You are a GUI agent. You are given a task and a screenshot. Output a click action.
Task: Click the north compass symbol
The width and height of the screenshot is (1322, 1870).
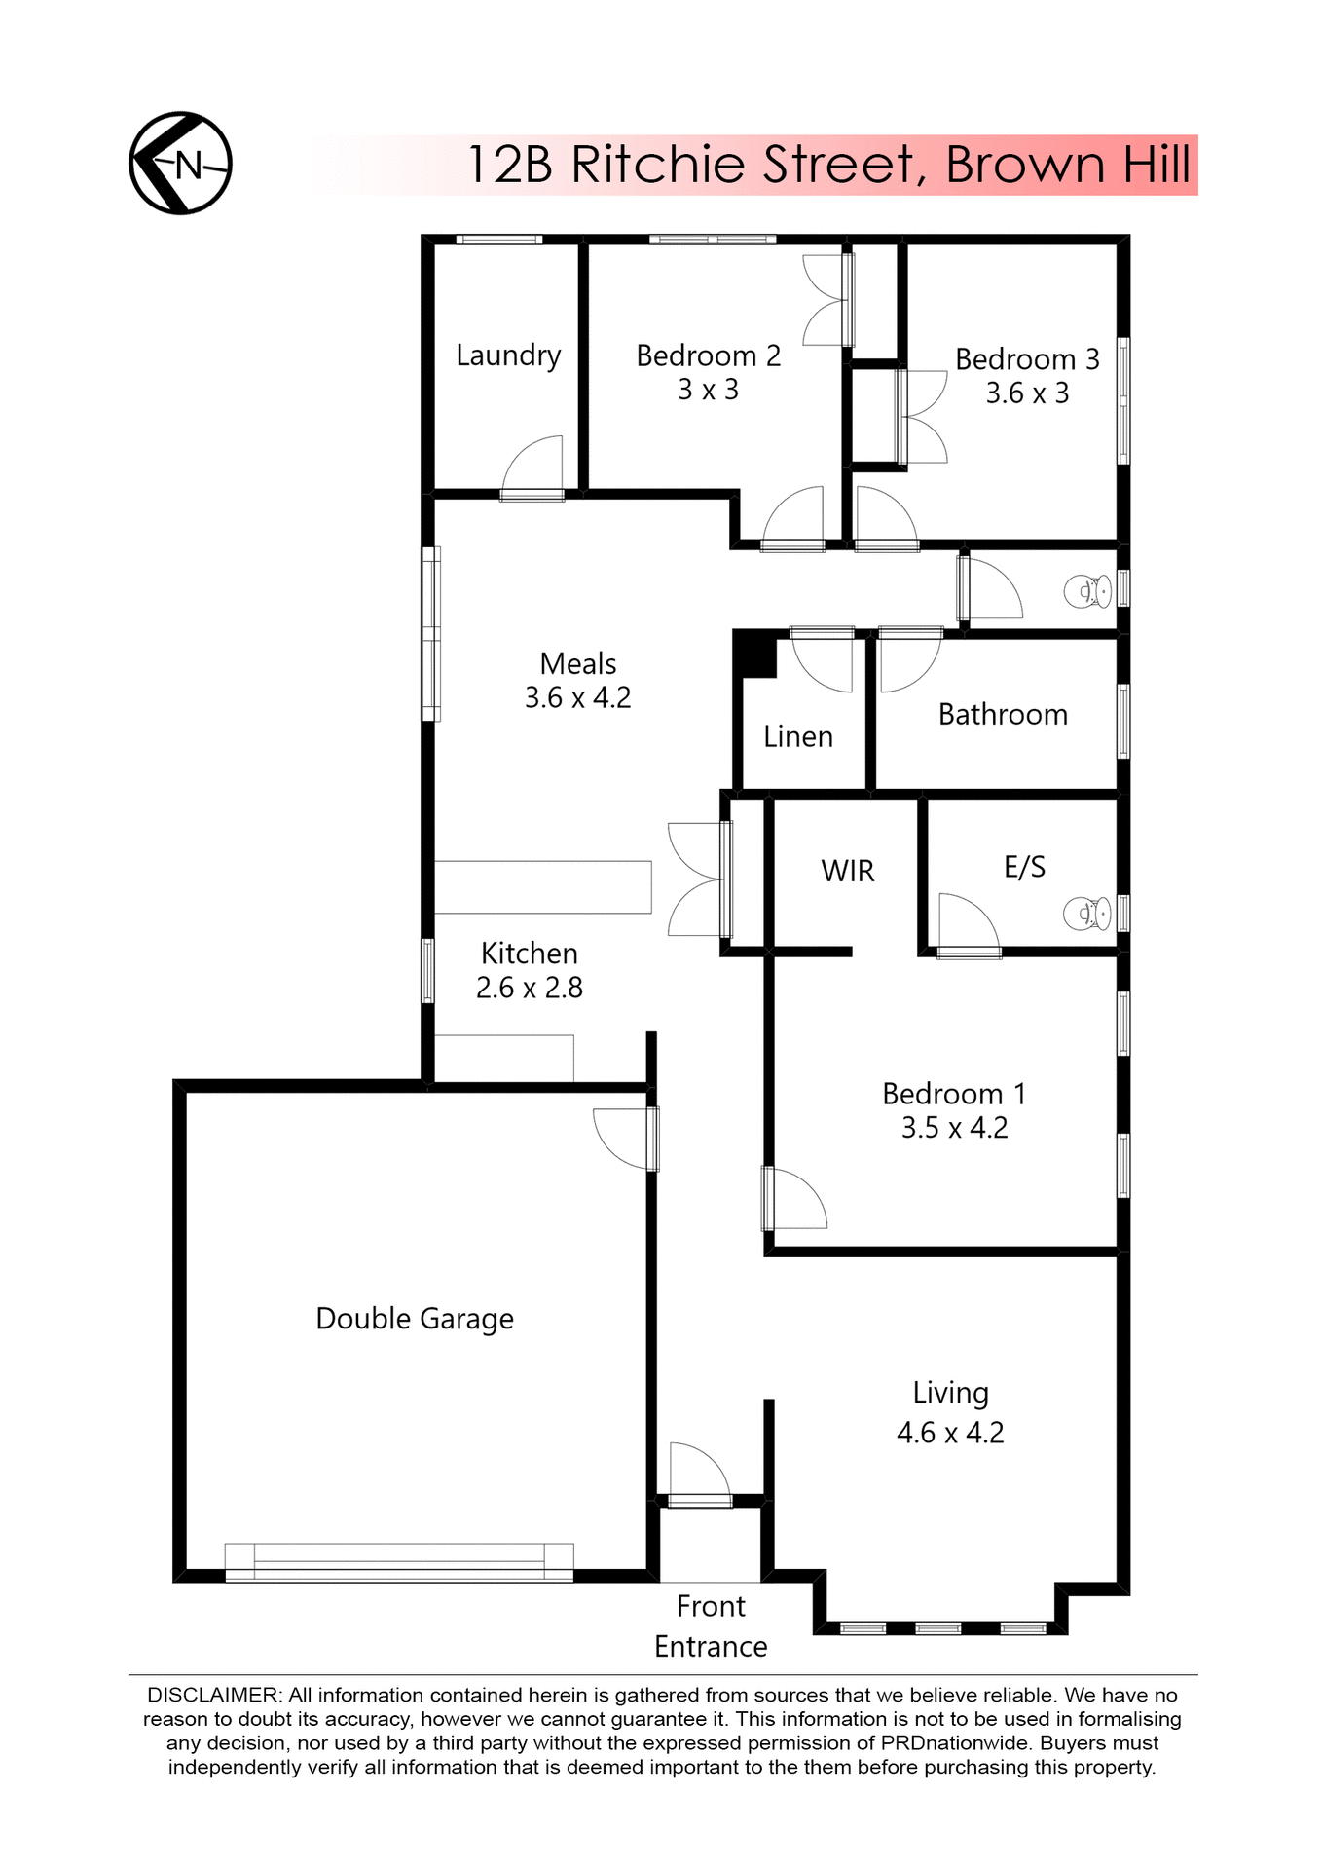(x=180, y=164)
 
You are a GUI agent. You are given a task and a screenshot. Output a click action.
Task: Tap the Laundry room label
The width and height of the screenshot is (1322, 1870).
(x=508, y=355)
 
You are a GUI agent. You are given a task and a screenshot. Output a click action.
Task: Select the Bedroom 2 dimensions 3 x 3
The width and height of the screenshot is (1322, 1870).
(x=708, y=390)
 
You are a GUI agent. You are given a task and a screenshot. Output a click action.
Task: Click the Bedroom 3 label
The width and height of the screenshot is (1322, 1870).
(x=1027, y=359)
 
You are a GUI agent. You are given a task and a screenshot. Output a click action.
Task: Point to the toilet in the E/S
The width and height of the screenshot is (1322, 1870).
(x=1087, y=914)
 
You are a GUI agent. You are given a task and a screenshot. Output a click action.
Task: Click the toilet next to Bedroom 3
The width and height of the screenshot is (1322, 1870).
(x=1087, y=591)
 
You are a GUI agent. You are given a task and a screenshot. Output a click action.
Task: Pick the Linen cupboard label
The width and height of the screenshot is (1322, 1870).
(x=798, y=736)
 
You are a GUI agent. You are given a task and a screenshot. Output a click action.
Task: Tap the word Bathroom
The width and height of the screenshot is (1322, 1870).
(x=1003, y=715)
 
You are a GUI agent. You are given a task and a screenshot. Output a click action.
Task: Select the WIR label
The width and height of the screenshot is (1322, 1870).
(x=848, y=871)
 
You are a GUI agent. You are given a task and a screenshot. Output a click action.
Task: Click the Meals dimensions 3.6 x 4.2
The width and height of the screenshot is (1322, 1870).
(x=578, y=698)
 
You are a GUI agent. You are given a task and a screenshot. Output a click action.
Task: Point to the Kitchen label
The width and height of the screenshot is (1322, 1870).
(x=530, y=954)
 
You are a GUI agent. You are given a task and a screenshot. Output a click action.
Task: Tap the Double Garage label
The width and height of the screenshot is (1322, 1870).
(x=415, y=1319)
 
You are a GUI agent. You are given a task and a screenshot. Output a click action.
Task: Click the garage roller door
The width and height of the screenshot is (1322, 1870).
(x=399, y=1561)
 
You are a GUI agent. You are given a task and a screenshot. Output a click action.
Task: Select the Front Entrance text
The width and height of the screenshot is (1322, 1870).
(x=711, y=1627)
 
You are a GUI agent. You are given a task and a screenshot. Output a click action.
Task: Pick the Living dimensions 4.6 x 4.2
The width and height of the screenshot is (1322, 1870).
(x=950, y=1433)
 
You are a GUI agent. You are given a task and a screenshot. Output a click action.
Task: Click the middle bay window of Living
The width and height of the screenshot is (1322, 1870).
(x=938, y=1627)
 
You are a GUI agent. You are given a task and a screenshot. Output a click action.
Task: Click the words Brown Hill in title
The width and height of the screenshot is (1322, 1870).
(x=1068, y=165)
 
